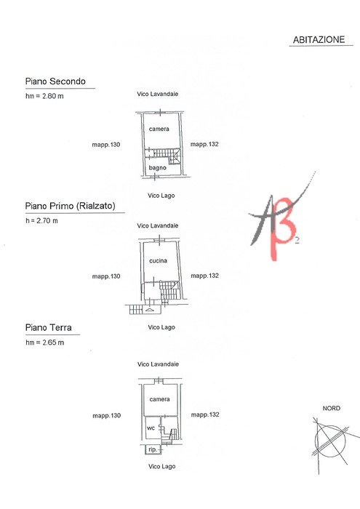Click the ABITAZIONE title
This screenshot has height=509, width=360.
[319, 39]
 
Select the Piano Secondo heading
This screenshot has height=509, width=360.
[55, 81]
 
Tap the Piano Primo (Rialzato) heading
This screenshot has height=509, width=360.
[70, 206]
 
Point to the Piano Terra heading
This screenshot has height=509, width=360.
[49, 327]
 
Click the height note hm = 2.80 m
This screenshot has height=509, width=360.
[44, 96]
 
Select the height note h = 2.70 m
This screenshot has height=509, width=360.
[42, 221]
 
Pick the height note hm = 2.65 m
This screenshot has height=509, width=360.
[45, 342]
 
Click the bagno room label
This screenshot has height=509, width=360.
[157, 168]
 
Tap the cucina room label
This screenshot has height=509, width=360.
[158, 260]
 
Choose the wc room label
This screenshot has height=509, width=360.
[151, 428]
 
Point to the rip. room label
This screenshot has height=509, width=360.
[153, 449]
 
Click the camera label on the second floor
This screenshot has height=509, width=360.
[159, 129]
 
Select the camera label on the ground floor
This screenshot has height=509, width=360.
[159, 399]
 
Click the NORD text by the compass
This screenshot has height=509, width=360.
[332, 409]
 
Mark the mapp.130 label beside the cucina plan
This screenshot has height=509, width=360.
[106, 276]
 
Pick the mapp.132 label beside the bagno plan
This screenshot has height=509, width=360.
[204, 144]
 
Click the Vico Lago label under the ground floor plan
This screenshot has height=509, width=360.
[162, 467]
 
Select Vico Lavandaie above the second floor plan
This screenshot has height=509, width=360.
[157, 94]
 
